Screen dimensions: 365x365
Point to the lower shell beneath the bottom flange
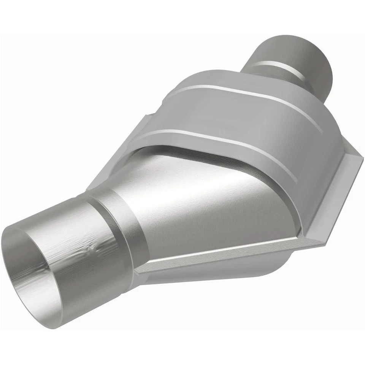[x=213, y=276]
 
